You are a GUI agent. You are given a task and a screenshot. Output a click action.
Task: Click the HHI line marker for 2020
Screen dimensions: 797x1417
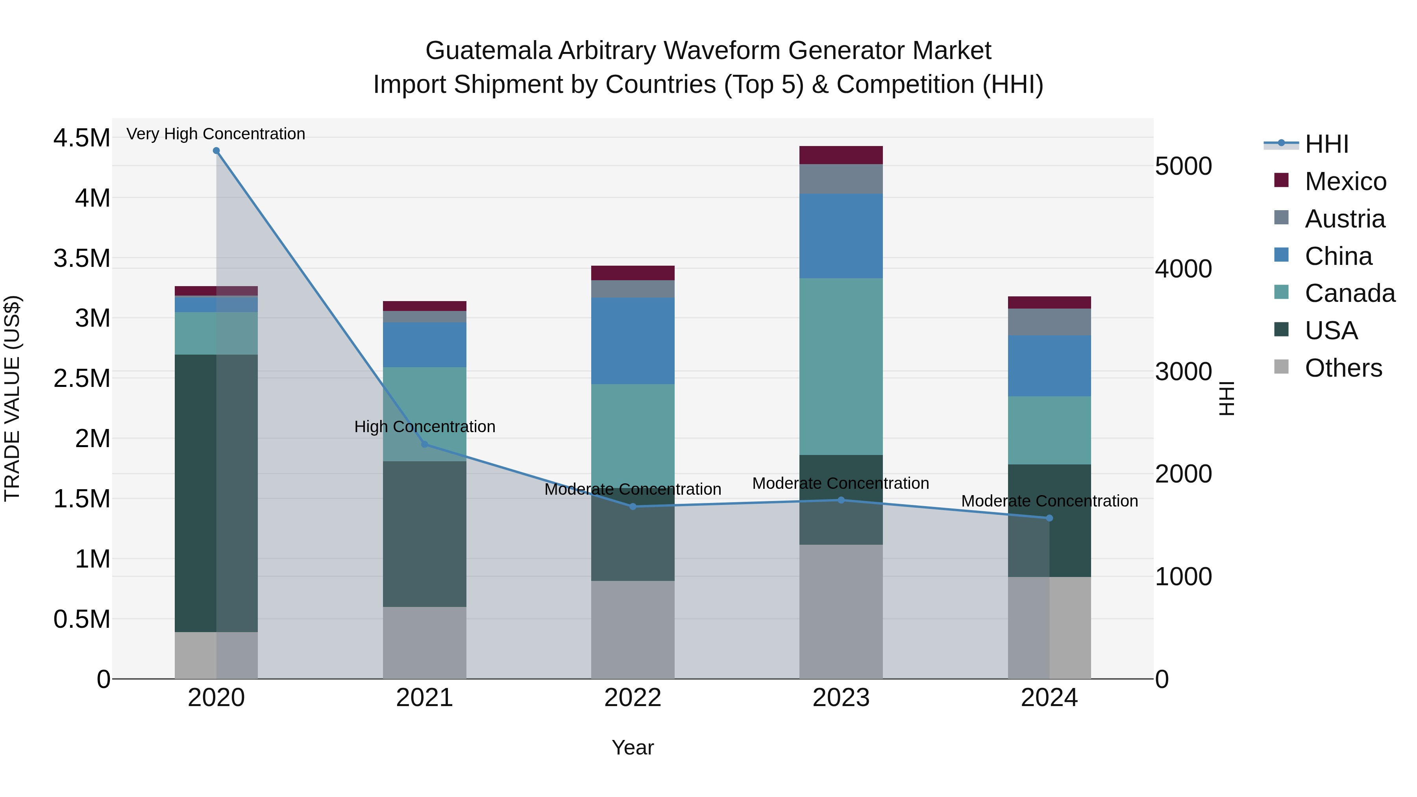click(x=216, y=151)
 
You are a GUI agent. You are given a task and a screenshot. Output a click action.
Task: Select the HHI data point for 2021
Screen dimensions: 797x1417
click(x=424, y=444)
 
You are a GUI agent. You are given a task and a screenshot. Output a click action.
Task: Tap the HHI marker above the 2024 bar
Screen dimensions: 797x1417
click(x=1049, y=518)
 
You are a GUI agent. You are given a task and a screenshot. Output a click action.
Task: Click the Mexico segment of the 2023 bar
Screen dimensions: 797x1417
click(x=840, y=155)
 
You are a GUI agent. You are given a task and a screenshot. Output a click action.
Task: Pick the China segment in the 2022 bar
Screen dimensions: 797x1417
click(x=633, y=340)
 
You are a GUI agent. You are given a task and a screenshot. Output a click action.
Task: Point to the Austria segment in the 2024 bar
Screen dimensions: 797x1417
click(x=1049, y=322)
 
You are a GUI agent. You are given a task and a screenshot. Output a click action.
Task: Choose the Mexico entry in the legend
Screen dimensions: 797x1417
click(x=1345, y=181)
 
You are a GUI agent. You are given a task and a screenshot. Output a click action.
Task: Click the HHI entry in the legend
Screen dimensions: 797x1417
click(x=1326, y=144)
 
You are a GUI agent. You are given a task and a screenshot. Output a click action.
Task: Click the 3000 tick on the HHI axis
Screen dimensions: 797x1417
click(x=1183, y=372)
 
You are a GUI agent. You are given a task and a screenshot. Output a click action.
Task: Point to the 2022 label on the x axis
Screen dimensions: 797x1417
click(x=633, y=698)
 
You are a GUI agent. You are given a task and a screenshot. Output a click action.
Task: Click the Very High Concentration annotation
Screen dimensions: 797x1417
click(x=216, y=134)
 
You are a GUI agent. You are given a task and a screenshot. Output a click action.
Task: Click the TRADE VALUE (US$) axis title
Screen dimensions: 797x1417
click(x=12, y=398)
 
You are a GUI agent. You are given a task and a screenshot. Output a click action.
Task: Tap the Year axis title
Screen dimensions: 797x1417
click(x=633, y=747)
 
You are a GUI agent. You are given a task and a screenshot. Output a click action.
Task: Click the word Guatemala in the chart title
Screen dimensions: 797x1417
click(x=488, y=51)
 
